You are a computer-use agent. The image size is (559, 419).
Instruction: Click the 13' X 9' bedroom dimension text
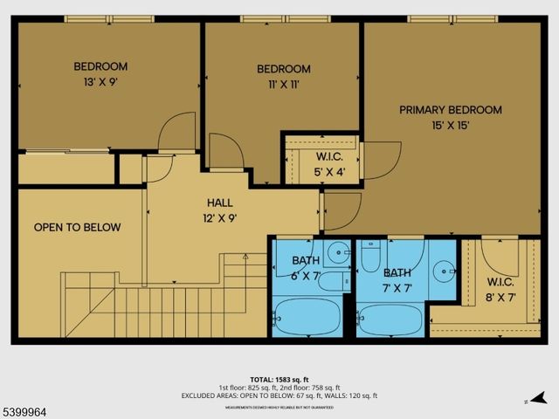100,83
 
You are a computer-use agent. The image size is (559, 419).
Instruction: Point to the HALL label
219,203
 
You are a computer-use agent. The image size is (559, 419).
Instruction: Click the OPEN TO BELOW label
77,228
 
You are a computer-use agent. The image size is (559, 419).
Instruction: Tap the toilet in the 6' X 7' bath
333,280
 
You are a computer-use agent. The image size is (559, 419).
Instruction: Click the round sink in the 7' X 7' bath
445,270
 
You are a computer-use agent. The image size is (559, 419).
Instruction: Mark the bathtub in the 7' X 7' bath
390,319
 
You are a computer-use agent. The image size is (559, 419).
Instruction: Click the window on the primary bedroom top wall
452,18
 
